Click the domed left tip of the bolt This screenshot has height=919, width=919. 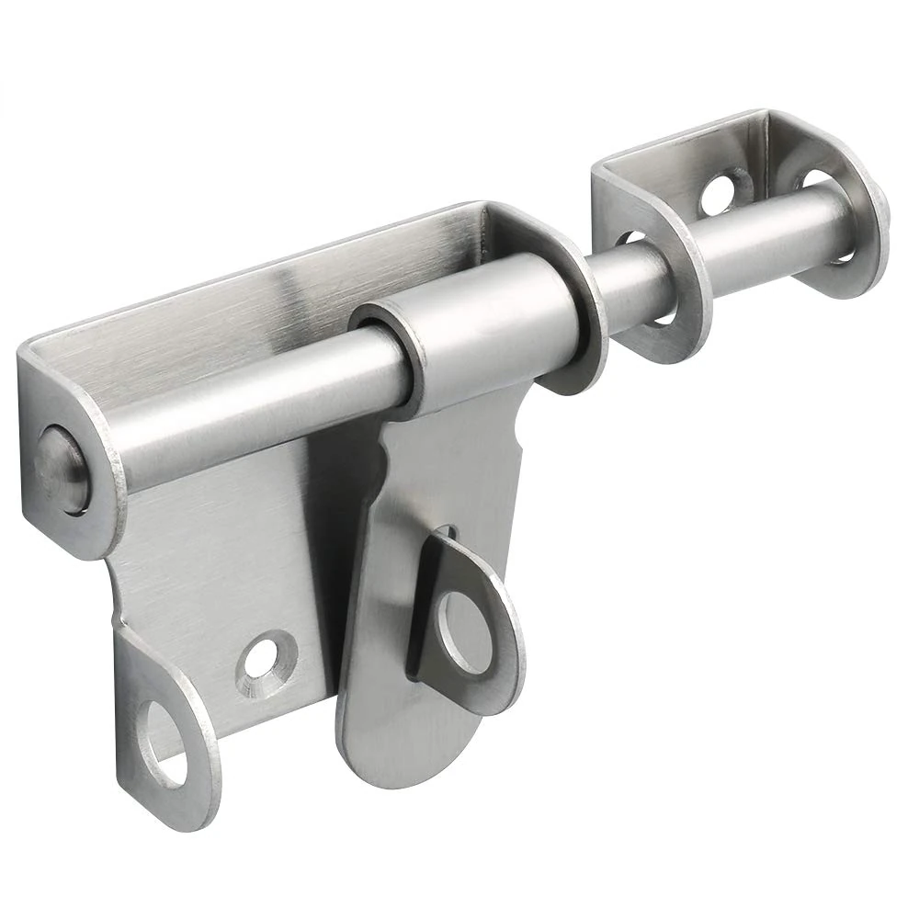pyautogui.click(x=60, y=464)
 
